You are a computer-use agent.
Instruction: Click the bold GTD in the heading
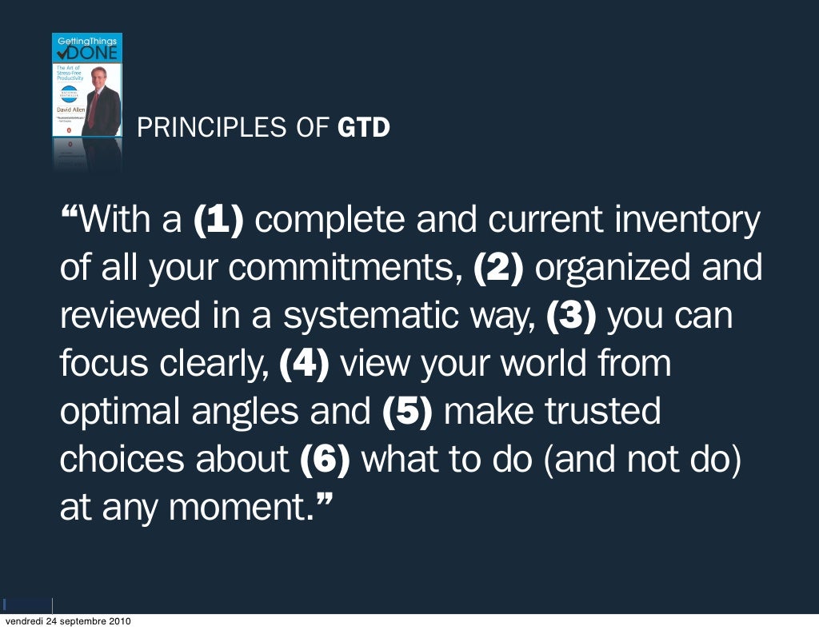364,127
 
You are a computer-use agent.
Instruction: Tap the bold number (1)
218,220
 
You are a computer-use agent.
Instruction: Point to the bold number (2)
498,268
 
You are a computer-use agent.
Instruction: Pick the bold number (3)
571,316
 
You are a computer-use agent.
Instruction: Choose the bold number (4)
305,364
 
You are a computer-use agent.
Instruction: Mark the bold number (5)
407,412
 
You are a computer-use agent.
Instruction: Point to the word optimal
120,412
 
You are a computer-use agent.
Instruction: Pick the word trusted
603,412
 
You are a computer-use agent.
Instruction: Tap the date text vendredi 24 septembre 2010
68,622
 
